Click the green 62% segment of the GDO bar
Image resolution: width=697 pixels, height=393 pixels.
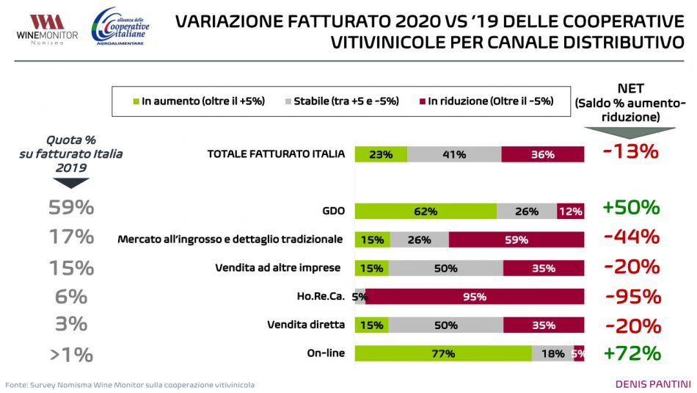pos(426,211)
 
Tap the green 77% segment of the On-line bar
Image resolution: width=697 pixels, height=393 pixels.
pos(443,353)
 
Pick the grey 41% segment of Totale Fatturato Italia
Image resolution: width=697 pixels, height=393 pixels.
pos(454,154)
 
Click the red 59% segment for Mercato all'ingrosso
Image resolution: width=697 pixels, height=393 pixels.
pos(517,239)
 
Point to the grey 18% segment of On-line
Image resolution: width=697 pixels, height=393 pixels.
pos(552,353)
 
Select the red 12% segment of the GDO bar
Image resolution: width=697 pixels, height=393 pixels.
pos(570,211)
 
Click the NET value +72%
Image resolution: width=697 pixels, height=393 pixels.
pos(632,353)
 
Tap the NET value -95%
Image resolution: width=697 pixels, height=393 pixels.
pos(633,297)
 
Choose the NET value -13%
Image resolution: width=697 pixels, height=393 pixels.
pos(631,153)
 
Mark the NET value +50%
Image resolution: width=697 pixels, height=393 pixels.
pos(631,208)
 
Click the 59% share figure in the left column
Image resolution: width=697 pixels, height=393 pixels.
pos(71,208)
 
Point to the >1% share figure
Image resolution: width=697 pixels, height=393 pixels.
pos(71,356)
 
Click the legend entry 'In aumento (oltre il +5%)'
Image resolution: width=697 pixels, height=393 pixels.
pos(198,101)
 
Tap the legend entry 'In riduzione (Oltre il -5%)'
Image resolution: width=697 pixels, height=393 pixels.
pos(485,101)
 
